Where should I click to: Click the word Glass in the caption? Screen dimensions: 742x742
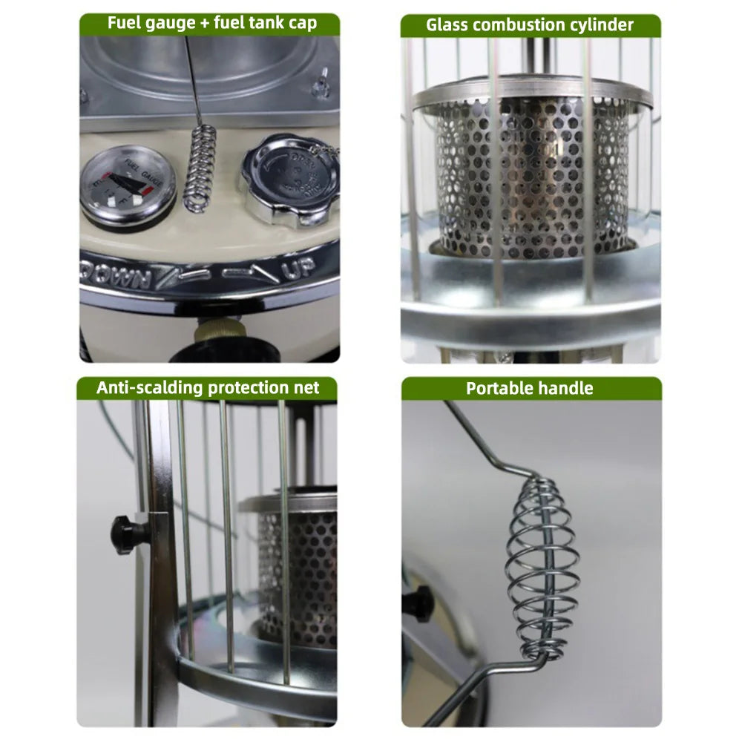[x=447, y=25]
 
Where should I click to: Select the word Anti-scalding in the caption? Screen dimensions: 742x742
[x=148, y=388]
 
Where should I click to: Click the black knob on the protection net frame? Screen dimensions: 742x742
[x=122, y=531]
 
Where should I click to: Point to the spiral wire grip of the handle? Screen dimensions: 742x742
[x=540, y=564]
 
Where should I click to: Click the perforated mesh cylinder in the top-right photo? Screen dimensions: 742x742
[x=531, y=178]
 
